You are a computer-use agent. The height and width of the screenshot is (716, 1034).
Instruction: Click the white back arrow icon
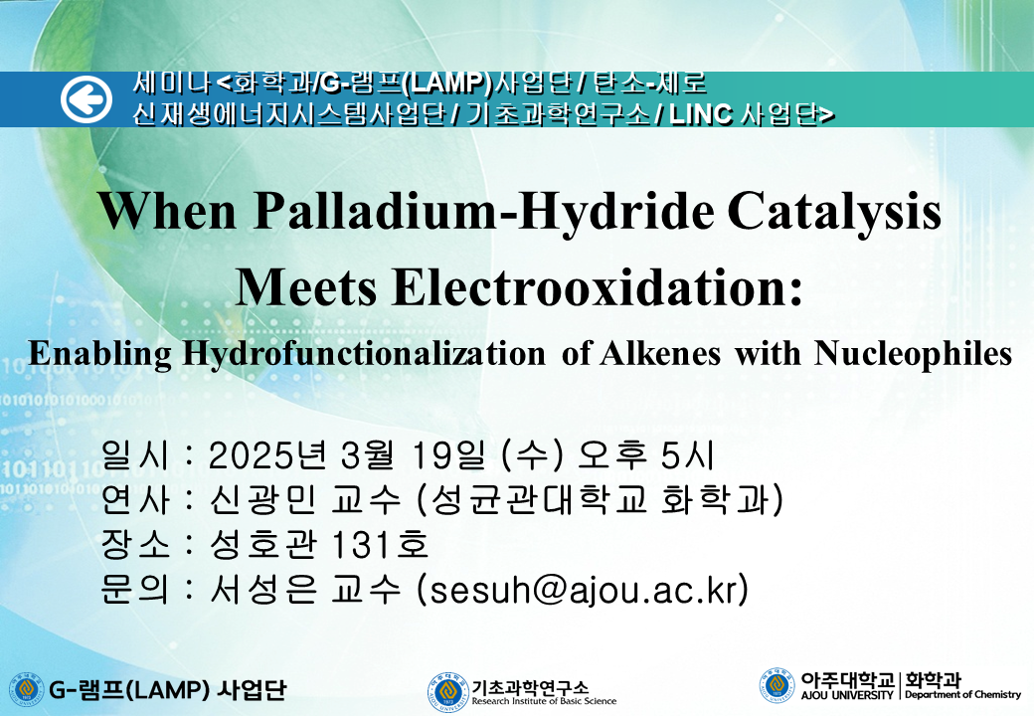[x=86, y=99]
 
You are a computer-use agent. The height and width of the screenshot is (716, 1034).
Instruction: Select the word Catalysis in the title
[x=835, y=212]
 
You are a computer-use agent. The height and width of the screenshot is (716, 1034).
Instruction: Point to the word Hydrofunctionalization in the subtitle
[x=364, y=353]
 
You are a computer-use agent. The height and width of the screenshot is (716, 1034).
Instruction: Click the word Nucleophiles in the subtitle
[x=914, y=353]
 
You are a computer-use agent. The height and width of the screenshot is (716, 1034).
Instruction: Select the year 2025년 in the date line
[x=267, y=454]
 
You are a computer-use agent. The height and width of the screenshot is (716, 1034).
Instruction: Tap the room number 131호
[x=380, y=545]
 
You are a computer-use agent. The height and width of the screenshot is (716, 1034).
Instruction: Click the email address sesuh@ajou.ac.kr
[x=584, y=590]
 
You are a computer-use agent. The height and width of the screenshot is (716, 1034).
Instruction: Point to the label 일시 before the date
[x=134, y=454]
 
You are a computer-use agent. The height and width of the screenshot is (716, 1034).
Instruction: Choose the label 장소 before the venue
[x=134, y=545]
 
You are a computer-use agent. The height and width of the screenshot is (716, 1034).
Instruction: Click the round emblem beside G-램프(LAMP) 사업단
[x=26, y=689]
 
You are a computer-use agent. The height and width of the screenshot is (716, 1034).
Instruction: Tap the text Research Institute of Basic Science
[x=544, y=701]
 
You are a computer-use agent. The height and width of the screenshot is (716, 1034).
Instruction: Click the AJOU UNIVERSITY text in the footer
[x=847, y=695]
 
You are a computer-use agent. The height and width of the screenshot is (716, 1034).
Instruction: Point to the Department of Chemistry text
[x=962, y=695]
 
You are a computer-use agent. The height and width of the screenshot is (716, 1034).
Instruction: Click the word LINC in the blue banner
[x=700, y=114]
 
